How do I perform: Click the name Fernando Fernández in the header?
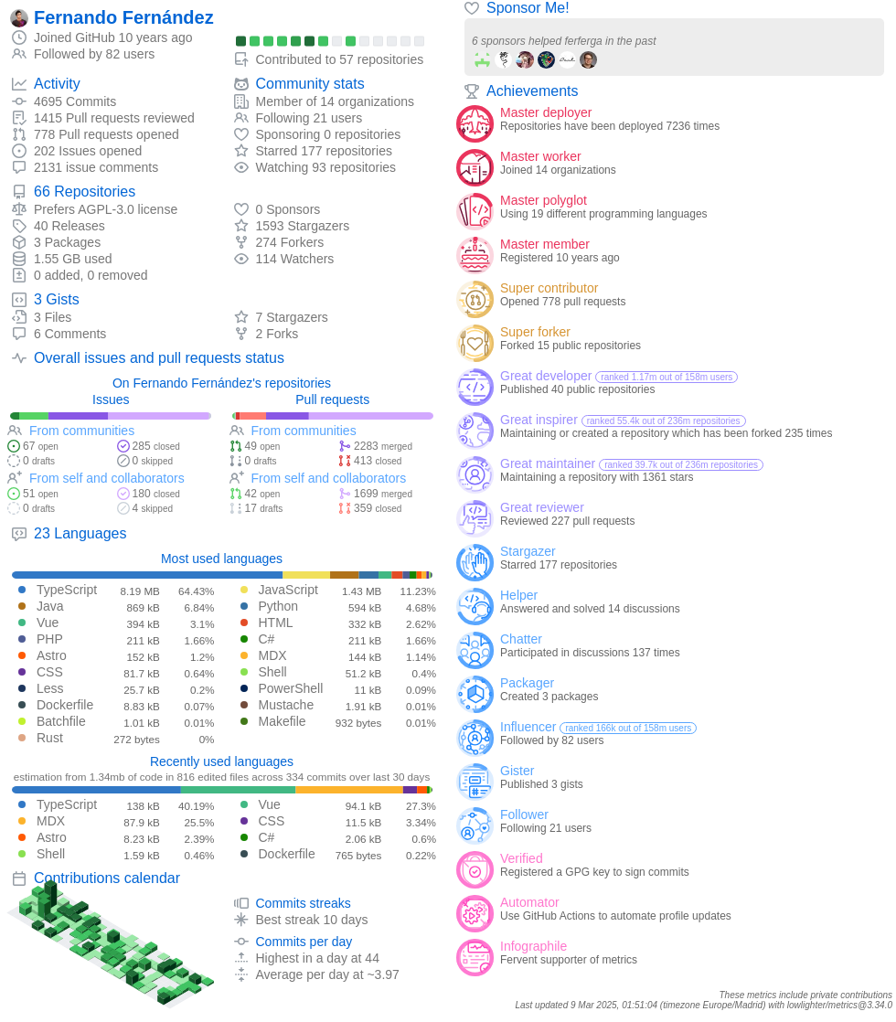point(123,17)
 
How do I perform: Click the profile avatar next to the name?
point(19,17)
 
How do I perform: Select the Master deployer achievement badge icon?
point(475,123)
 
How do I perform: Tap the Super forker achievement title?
point(535,332)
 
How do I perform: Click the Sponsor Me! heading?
point(528,8)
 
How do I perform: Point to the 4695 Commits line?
point(75,101)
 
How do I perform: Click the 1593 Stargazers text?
point(302,226)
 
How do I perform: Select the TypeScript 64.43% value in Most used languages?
point(196,591)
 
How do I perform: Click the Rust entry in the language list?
point(50,738)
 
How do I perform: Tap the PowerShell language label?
point(290,688)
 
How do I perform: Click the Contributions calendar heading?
point(106,878)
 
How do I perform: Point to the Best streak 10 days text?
point(311,920)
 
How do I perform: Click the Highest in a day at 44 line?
point(316,958)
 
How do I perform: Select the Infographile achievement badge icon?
point(475,957)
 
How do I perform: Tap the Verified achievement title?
point(521,858)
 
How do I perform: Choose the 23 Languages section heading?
point(80,533)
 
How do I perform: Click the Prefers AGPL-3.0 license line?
point(105,209)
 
